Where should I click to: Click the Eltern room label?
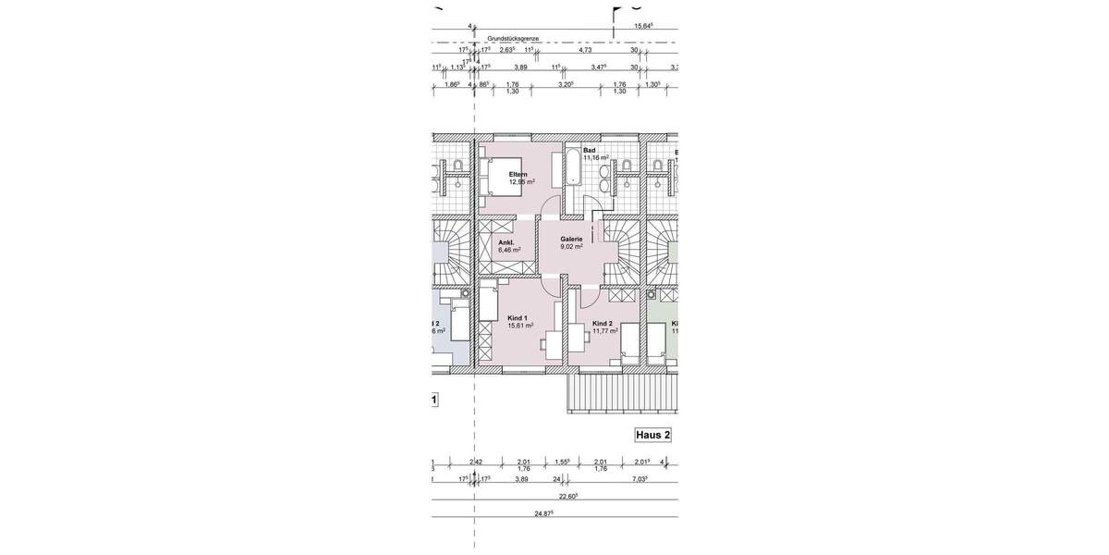pyautogui.click(x=518, y=174)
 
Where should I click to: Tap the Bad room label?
pyautogui.click(x=590, y=150)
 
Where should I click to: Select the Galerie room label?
pyautogui.click(x=571, y=239)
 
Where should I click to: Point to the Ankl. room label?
pyautogui.click(x=506, y=242)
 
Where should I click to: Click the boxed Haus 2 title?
pyautogui.click(x=652, y=434)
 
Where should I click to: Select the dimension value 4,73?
pyautogui.click(x=585, y=51)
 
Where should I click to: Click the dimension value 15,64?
pyautogui.click(x=644, y=27)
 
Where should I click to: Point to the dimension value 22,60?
pyautogui.click(x=567, y=496)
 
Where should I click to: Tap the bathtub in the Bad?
pyautogui.click(x=572, y=167)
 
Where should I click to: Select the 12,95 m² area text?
pyautogui.click(x=521, y=182)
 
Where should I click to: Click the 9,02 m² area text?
pyautogui.click(x=571, y=247)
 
